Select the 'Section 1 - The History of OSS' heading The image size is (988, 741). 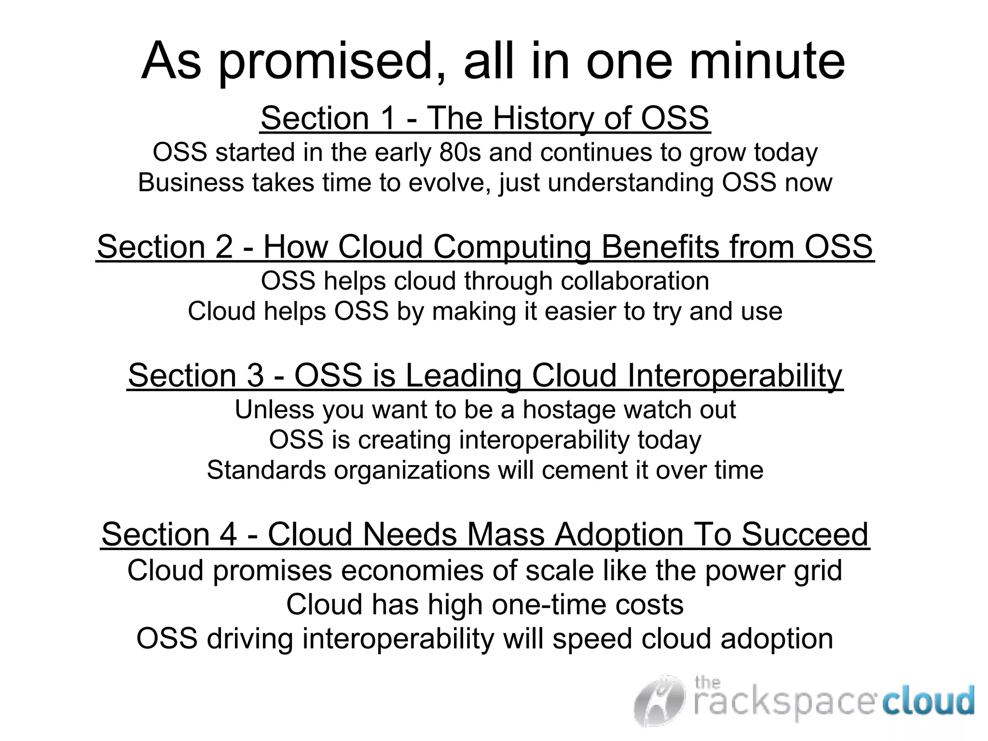coord(485,118)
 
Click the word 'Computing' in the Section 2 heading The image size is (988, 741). coord(511,247)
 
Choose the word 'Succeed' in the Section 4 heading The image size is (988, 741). coord(804,535)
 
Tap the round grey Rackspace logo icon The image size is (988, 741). coord(659,700)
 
